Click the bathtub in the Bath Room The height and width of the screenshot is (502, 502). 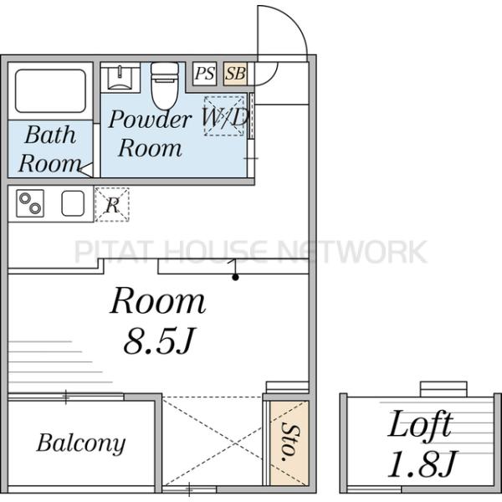(50, 91)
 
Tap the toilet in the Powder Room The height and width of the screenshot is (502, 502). (165, 85)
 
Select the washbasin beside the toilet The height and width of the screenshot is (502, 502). (120, 77)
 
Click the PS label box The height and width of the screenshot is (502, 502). (205, 74)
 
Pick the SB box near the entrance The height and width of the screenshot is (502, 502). (235, 74)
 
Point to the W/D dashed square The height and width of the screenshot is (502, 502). (224, 116)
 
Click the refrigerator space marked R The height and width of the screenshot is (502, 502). (112, 205)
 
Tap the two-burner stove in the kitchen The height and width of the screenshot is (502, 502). (30, 203)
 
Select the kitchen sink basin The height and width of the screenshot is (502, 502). (73, 203)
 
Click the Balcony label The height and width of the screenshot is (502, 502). (81, 443)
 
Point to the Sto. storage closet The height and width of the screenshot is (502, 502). (289, 443)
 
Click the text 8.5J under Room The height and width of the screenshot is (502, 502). (159, 341)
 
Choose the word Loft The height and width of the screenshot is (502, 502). (421, 423)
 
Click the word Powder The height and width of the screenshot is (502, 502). (150, 119)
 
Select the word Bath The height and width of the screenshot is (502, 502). (50, 135)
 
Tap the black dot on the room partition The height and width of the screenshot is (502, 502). (235, 277)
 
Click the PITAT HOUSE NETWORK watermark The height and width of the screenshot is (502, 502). (251, 252)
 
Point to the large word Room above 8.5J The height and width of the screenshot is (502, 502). (158, 301)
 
